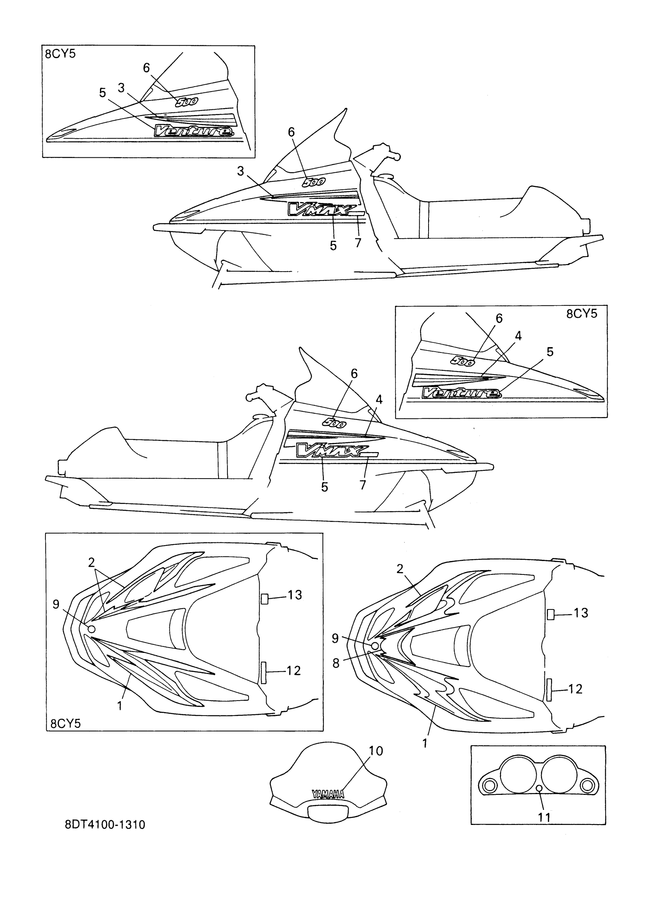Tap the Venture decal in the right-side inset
[x=461, y=393]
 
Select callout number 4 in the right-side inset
[x=518, y=336]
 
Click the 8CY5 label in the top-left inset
[x=60, y=54]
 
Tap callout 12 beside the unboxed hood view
[x=575, y=689]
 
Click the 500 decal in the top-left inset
[x=186, y=102]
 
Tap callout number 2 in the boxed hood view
[x=92, y=562]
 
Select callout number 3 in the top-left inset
[x=122, y=88]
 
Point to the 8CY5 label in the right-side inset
[x=582, y=314]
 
